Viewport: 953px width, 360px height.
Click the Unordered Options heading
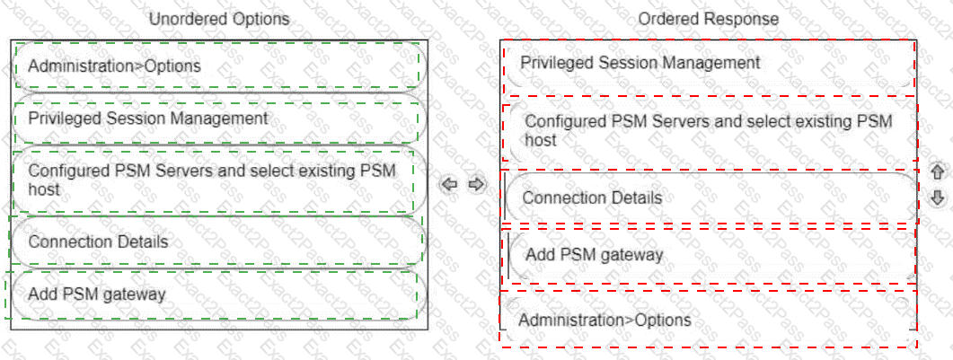click(x=219, y=19)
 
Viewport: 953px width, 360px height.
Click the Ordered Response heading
click(x=709, y=19)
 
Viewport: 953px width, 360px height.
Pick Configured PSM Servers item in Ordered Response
click(x=709, y=130)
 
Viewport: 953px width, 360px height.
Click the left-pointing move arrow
click(x=451, y=184)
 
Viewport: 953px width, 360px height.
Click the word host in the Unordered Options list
click(x=44, y=189)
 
